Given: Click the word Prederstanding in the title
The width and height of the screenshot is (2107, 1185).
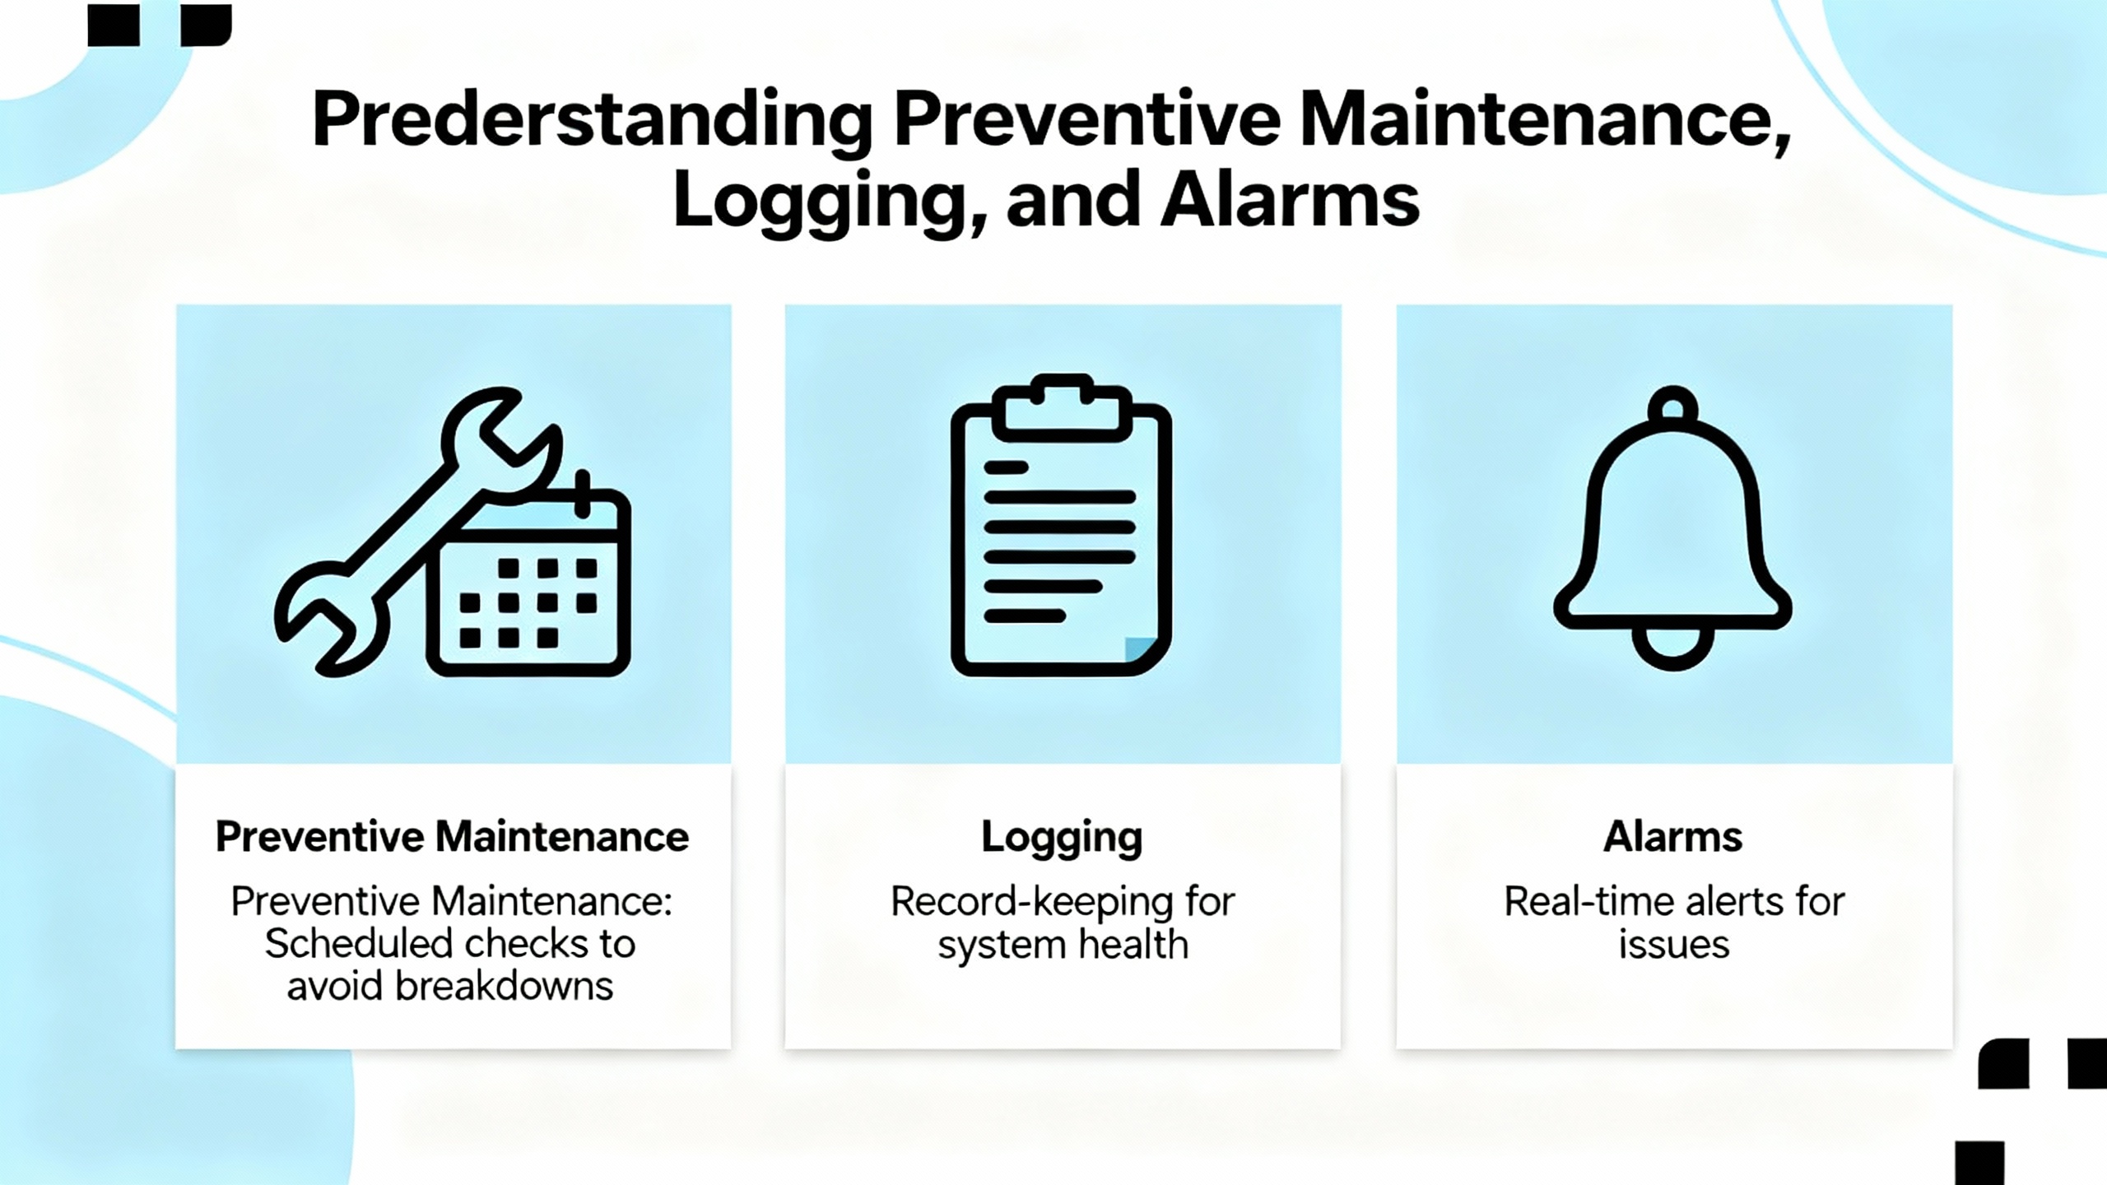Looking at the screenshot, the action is pyautogui.click(x=593, y=122).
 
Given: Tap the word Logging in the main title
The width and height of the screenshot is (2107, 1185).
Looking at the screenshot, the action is pyautogui.click(x=819, y=202).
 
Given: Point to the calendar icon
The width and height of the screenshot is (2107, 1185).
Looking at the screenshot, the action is pyautogui.click(x=529, y=580).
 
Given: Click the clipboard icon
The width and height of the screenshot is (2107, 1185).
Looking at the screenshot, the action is pyautogui.click(x=1061, y=525).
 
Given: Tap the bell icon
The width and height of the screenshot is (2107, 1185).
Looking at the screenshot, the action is pyautogui.click(x=1672, y=528).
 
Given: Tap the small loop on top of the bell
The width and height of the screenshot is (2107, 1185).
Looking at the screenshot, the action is pyautogui.click(x=1672, y=405).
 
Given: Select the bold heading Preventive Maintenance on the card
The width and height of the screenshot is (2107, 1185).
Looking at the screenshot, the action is pyautogui.click(x=452, y=837).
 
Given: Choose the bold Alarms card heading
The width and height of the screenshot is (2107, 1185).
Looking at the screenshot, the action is pyautogui.click(x=1673, y=837).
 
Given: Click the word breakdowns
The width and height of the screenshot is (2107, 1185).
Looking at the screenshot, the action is pyautogui.click(x=504, y=986).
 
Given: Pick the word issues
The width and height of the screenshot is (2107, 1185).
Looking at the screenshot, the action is pyautogui.click(x=1674, y=945).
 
